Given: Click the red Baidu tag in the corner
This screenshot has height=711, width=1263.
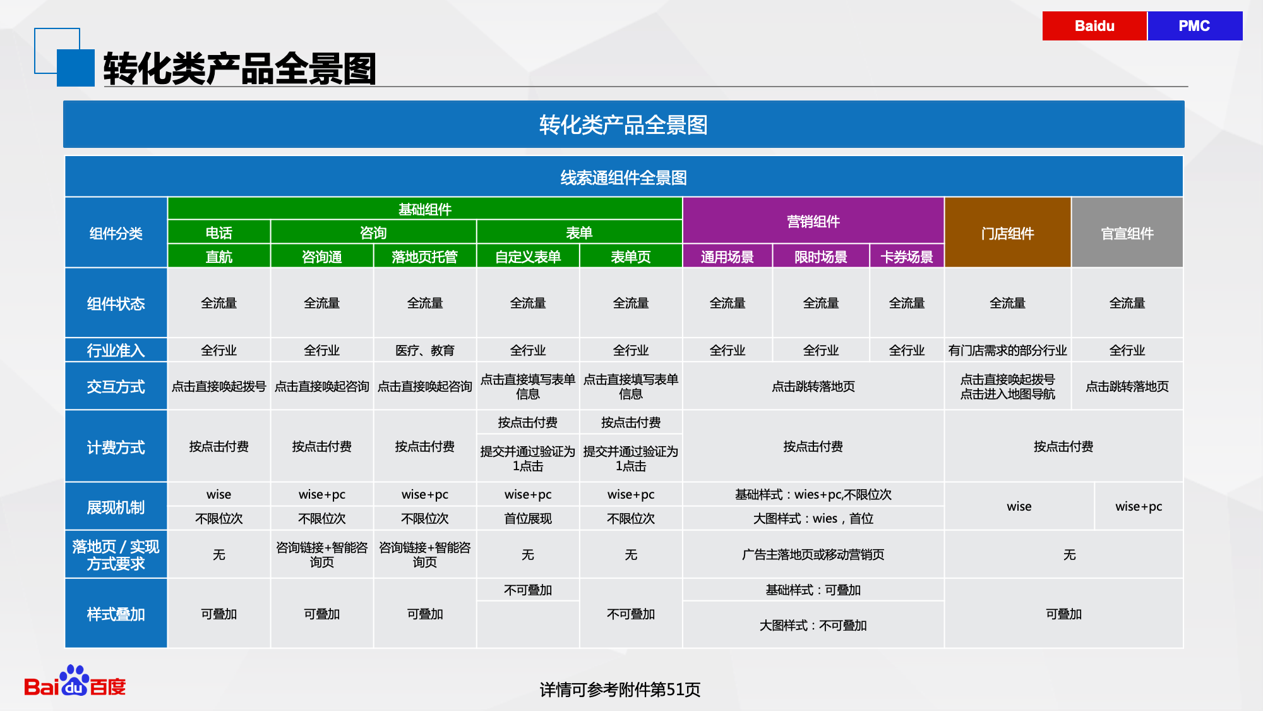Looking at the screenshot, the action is [x=1094, y=26].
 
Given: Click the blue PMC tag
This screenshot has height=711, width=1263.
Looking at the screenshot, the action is [x=1195, y=26].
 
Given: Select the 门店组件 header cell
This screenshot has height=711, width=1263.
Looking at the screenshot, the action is [x=1008, y=233].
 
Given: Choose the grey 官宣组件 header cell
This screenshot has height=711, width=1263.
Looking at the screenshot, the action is [x=1127, y=233].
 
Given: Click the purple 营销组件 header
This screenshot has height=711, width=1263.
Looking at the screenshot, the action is [x=813, y=221].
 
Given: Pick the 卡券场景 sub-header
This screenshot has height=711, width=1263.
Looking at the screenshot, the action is [x=907, y=257].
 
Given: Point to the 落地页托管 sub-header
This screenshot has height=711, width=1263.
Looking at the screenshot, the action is [x=424, y=257].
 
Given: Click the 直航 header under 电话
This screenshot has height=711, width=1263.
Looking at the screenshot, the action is [x=219, y=257].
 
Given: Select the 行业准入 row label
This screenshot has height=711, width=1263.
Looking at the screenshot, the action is [x=116, y=350].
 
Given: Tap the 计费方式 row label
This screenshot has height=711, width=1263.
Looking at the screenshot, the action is [x=116, y=447].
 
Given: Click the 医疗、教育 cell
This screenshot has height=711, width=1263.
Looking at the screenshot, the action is [x=425, y=350].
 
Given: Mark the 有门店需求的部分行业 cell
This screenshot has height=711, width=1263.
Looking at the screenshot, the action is [x=1008, y=350].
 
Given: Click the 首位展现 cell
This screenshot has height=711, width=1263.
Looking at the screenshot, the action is [x=528, y=518].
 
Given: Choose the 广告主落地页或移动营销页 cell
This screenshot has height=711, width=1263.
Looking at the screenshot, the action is [x=813, y=554].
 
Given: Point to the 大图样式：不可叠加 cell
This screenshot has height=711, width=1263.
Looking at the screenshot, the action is [x=813, y=625].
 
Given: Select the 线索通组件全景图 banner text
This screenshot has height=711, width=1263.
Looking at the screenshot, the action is [x=624, y=178].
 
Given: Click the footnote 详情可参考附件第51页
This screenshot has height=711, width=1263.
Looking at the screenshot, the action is [x=620, y=690].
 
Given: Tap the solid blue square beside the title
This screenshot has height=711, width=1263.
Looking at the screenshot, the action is [x=76, y=68].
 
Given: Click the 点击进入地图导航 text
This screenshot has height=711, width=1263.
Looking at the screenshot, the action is [x=1008, y=394].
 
